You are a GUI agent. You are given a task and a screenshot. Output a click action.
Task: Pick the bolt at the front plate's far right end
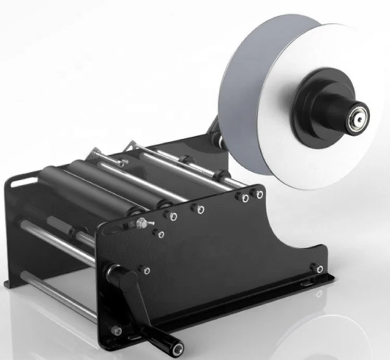tap(315, 268)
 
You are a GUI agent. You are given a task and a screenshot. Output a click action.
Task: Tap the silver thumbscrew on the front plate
tap(141, 223)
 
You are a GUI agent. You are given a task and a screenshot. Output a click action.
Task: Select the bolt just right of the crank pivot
tap(145, 270)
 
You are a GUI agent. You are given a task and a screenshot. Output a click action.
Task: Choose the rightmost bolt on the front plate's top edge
tap(256, 194)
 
